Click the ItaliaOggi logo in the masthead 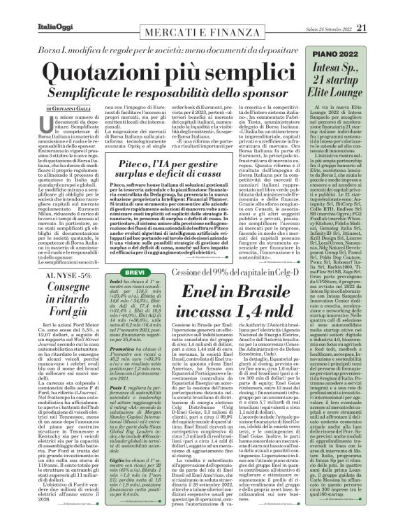[x=37, y=8]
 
